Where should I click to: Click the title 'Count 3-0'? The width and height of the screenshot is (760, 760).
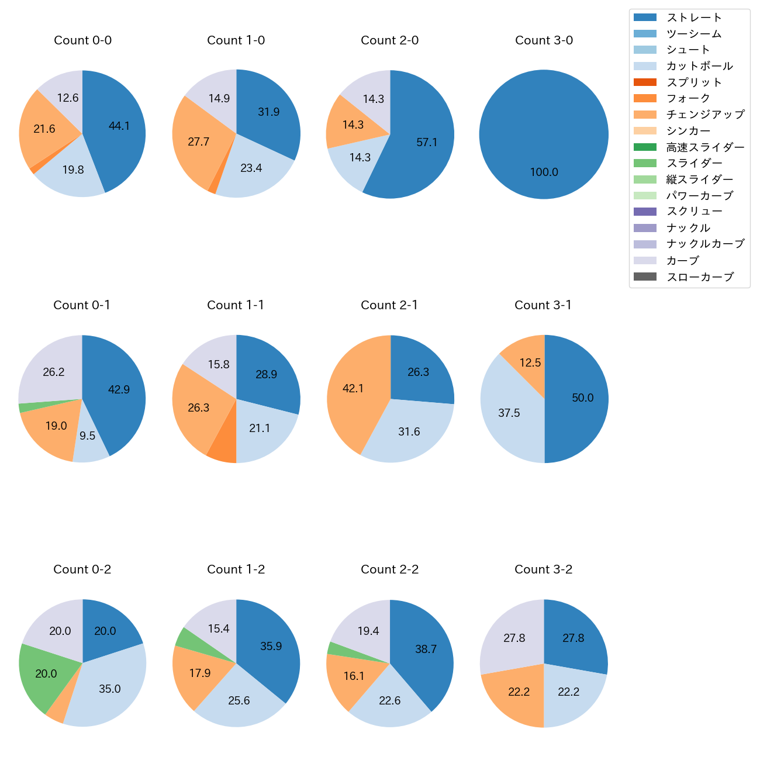point(544,40)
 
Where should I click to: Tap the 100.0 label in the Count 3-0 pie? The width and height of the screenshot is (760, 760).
point(544,172)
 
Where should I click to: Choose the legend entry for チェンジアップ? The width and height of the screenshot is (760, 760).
point(705,115)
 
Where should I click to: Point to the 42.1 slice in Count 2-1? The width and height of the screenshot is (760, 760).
point(354,388)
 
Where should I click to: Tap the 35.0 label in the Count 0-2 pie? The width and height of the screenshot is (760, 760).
point(110,689)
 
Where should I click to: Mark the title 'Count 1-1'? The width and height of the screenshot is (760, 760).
point(236,305)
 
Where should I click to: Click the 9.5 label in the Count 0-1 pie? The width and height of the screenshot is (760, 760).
point(88,436)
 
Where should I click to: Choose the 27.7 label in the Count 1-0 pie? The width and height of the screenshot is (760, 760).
point(199,142)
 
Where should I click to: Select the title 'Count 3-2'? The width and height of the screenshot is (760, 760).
point(544,569)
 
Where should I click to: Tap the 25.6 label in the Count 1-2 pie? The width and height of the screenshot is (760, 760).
point(239,701)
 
